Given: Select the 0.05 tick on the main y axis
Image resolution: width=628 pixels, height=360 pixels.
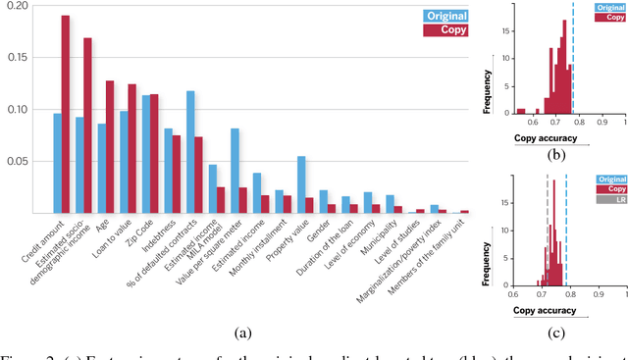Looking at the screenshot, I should [x=20, y=160].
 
